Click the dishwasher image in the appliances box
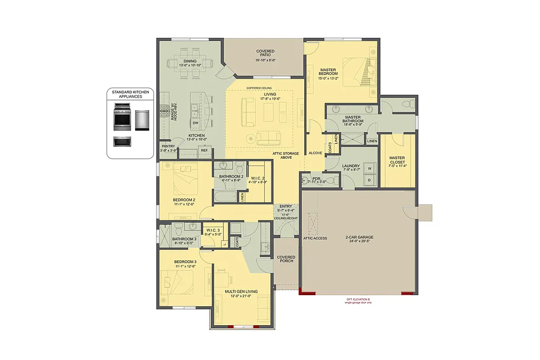(x=142, y=120)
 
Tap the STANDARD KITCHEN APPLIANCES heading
(x=131, y=94)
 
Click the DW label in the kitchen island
(x=195, y=123)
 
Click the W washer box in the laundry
(x=369, y=169)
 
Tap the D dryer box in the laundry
(x=369, y=180)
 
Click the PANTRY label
(x=168, y=147)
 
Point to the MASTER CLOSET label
(x=397, y=160)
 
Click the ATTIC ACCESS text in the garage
(x=315, y=238)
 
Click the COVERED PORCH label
(x=286, y=259)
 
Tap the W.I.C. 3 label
(x=213, y=230)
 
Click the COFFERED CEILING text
(x=258, y=88)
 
